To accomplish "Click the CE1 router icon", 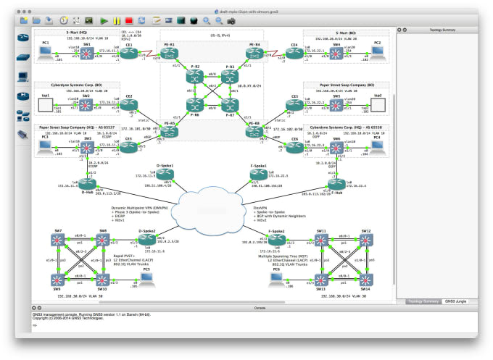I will coord(129,51).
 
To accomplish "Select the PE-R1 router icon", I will coord(170,51).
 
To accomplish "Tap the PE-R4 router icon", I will coord(253,51).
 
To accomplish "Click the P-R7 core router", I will coord(230,109).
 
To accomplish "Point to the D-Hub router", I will coord(87,183).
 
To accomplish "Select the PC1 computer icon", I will coord(45,51).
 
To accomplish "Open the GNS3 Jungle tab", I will coord(456,300).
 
